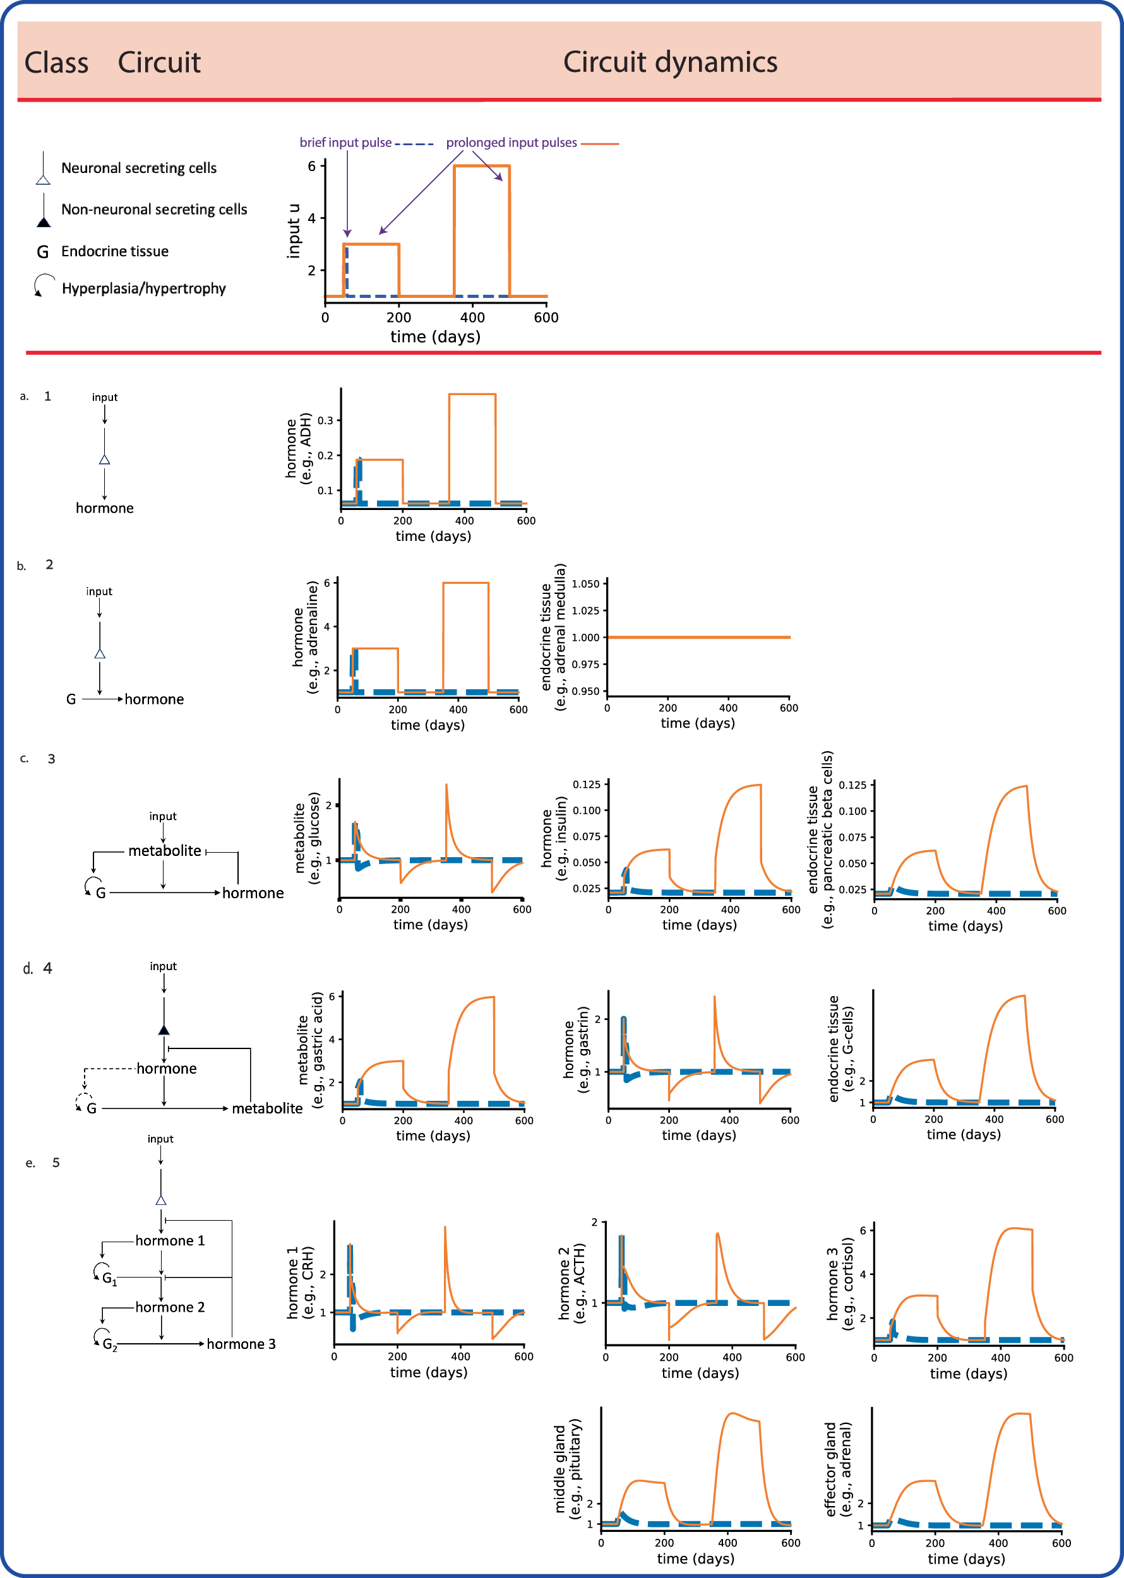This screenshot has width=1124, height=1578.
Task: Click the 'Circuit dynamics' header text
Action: tap(669, 62)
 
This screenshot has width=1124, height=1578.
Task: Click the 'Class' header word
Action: tap(56, 63)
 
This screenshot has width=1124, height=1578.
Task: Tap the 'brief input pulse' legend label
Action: tap(345, 143)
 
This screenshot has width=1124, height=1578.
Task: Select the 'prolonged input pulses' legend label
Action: tap(511, 143)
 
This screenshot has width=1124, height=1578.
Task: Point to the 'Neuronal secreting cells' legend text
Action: tap(138, 168)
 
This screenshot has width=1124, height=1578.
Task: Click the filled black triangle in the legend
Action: tap(44, 222)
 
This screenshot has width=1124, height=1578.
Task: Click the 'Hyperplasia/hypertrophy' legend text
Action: tap(143, 288)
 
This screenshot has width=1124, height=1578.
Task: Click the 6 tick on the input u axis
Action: tap(312, 166)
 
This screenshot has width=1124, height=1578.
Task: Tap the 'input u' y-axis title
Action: tap(294, 231)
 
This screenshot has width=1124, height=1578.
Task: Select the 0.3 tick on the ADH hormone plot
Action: tap(325, 420)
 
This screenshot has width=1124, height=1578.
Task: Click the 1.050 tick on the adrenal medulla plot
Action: tap(585, 584)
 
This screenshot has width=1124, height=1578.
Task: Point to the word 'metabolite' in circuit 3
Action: tap(164, 851)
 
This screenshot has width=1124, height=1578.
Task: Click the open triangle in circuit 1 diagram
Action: tap(105, 460)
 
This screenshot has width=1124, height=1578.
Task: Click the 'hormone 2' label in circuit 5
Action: tap(170, 1307)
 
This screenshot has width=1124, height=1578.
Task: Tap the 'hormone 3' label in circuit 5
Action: tap(241, 1343)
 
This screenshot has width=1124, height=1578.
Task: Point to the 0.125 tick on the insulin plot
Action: tap(586, 785)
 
